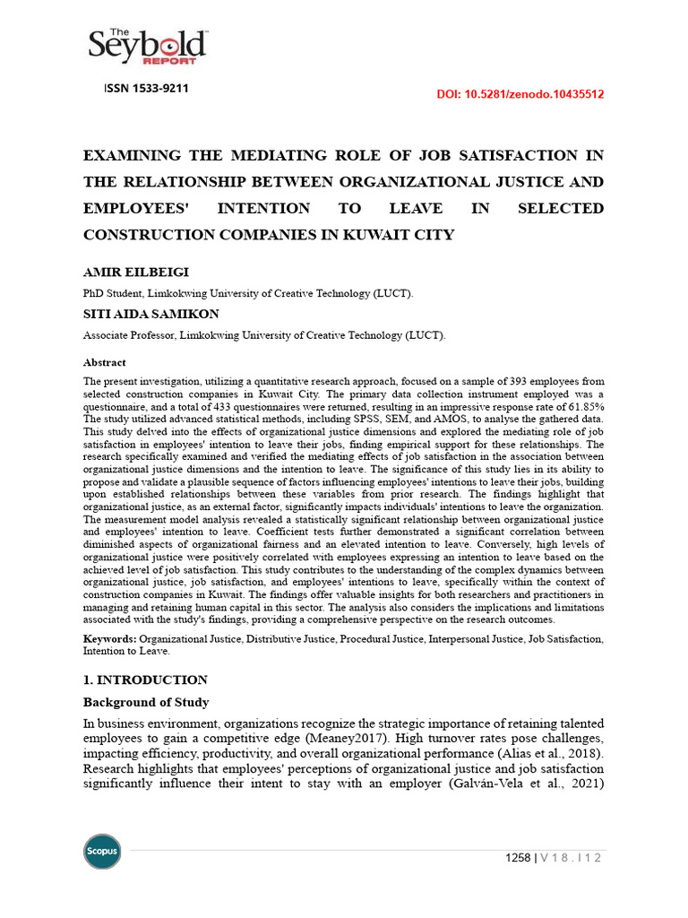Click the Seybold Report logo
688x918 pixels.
(147, 46)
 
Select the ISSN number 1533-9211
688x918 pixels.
(146, 89)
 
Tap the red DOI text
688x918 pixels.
(520, 94)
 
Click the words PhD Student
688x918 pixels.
(113, 293)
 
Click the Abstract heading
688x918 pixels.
(105, 363)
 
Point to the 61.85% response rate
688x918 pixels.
(581, 407)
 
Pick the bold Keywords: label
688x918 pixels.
(110, 638)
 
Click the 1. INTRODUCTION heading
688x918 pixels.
(145, 680)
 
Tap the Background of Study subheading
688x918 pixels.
(146, 702)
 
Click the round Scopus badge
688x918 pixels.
(102, 851)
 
